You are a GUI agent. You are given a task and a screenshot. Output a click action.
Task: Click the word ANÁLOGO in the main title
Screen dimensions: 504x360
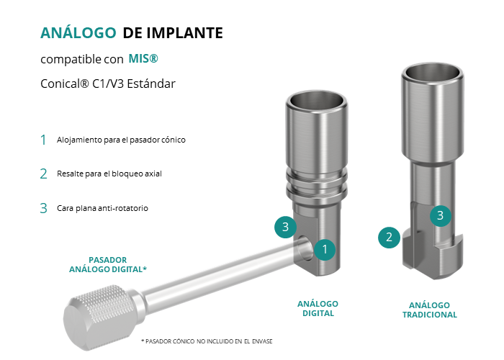click(78, 32)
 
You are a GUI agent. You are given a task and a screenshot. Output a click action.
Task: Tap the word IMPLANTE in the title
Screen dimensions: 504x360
click(184, 33)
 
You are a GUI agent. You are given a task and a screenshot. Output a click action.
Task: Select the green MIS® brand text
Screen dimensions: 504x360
click(143, 58)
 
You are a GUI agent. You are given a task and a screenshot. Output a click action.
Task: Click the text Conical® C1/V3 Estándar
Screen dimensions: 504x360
click(108, 84)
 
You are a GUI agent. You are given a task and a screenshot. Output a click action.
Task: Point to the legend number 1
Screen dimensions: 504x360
click(43, 140)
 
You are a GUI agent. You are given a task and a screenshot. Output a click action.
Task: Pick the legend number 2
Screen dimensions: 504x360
click(43, 174)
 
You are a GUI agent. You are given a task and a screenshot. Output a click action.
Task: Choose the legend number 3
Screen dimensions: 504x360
click(43, 208)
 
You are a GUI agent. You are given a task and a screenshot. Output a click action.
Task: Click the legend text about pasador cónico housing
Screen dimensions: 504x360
click(121, 140)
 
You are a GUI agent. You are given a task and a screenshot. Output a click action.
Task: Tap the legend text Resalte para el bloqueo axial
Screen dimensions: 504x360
click(109, 174)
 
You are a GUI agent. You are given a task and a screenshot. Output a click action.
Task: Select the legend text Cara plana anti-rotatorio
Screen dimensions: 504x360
click(102, 208)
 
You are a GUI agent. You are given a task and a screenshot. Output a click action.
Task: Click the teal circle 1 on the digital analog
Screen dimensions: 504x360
click(325, 249)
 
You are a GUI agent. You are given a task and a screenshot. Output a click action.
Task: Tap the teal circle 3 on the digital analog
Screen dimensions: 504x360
click(285, 228)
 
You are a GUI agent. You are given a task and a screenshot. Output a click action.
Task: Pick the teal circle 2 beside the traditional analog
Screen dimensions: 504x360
click(389, 237)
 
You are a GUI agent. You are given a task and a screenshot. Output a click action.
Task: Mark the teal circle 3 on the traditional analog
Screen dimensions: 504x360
click(441, 215)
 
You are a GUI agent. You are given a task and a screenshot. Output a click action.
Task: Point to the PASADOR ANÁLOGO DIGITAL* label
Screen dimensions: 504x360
click(108, 264)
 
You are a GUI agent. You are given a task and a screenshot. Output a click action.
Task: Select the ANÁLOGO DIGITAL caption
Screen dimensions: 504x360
click(318, 309)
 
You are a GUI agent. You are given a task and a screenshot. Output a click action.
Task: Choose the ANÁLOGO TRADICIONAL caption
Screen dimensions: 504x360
click(430, 310)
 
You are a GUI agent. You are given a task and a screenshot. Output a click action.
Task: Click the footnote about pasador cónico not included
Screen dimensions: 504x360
click(207, 341)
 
